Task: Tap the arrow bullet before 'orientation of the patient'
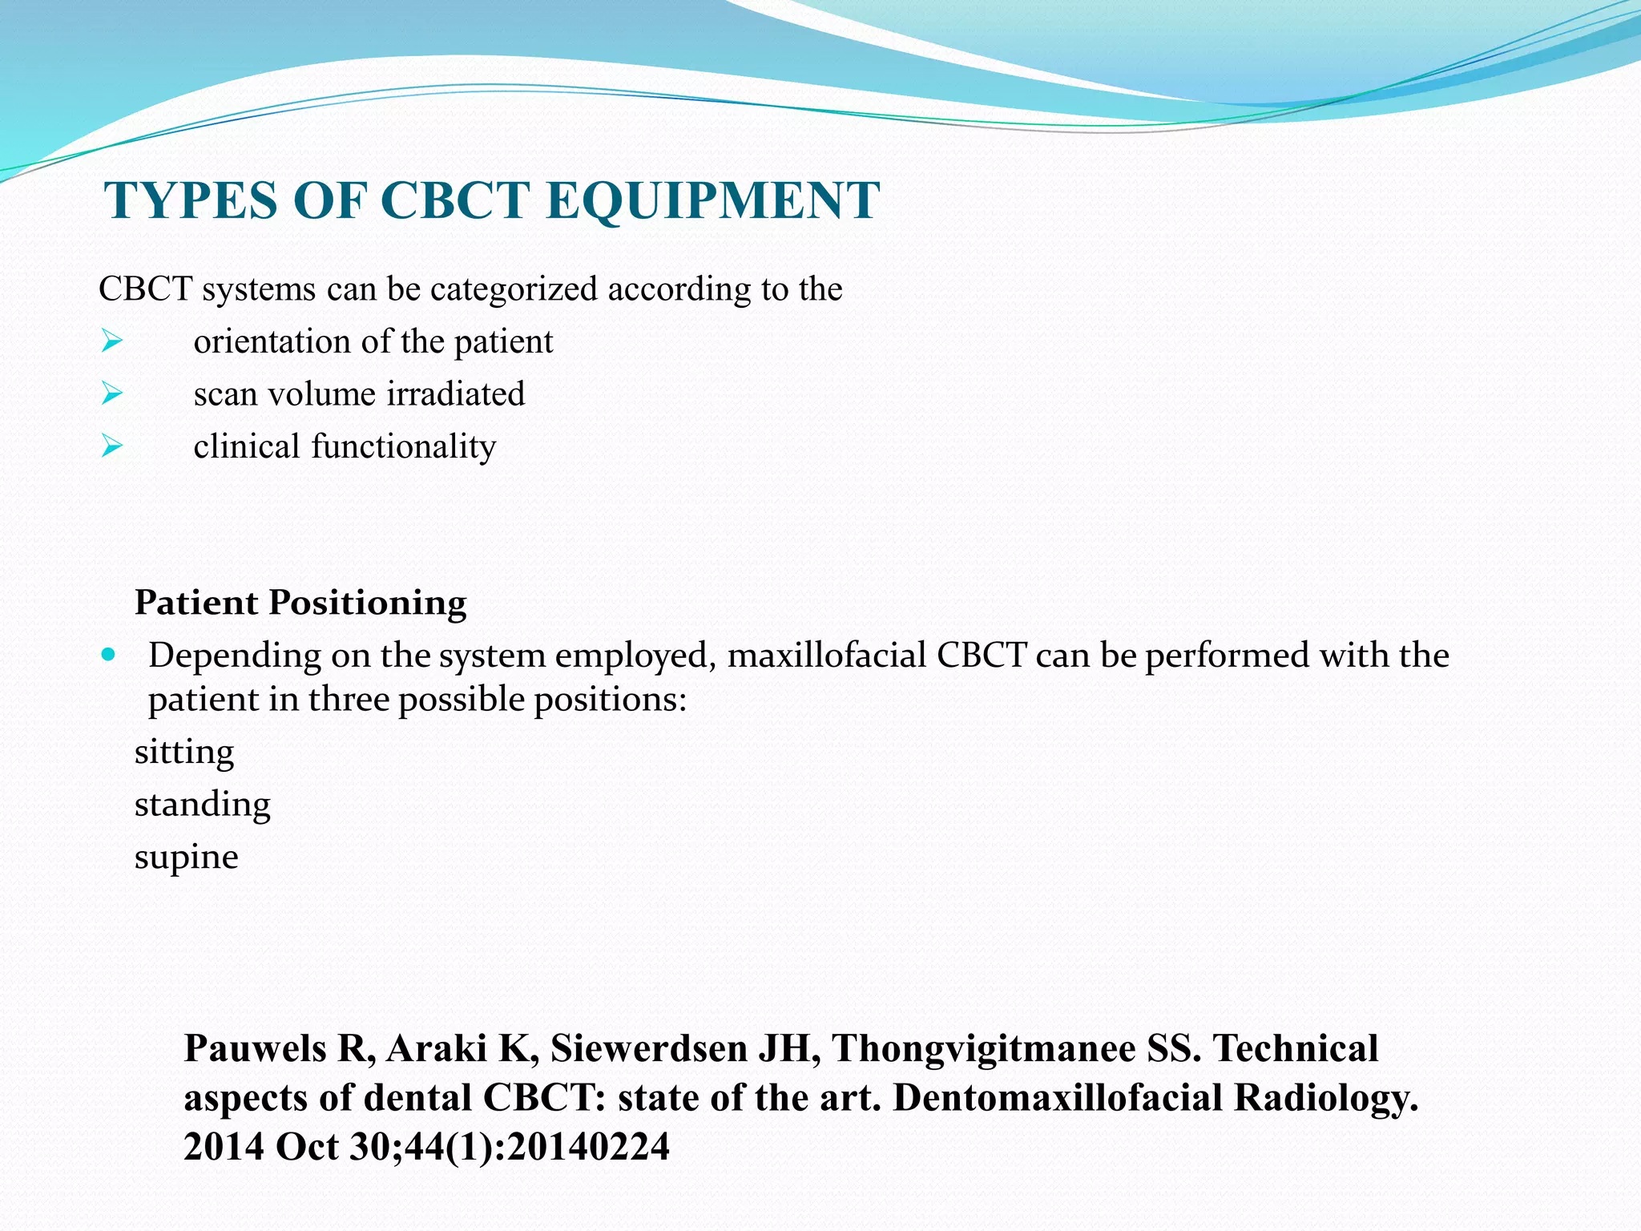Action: point(111,342)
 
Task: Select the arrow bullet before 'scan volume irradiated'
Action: point(111,394)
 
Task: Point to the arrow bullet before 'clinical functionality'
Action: point(111,446)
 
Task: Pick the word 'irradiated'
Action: point(455,394)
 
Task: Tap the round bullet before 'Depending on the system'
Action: point(109,654)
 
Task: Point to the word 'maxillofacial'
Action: point(826,656)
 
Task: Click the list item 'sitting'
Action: point(184,753)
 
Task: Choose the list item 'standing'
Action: point(202,805)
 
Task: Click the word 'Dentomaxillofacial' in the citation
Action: point(1057,1098)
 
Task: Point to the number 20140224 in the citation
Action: point(588,1147)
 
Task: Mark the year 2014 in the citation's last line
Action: point(224,1147)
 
